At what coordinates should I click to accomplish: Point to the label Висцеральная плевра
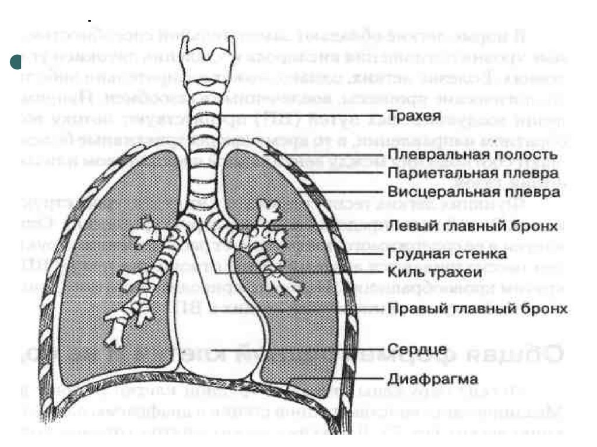coord(473,192)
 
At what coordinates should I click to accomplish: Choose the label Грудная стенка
coord(447,254)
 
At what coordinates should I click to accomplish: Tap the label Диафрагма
coord(433,379)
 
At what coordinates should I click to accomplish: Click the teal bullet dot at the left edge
coord(16,62)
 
